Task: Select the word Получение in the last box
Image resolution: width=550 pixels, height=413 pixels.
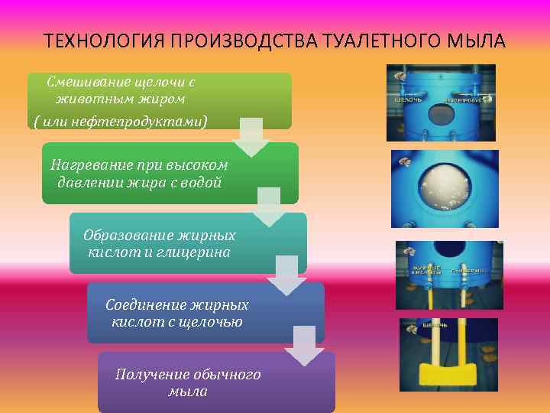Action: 147,375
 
